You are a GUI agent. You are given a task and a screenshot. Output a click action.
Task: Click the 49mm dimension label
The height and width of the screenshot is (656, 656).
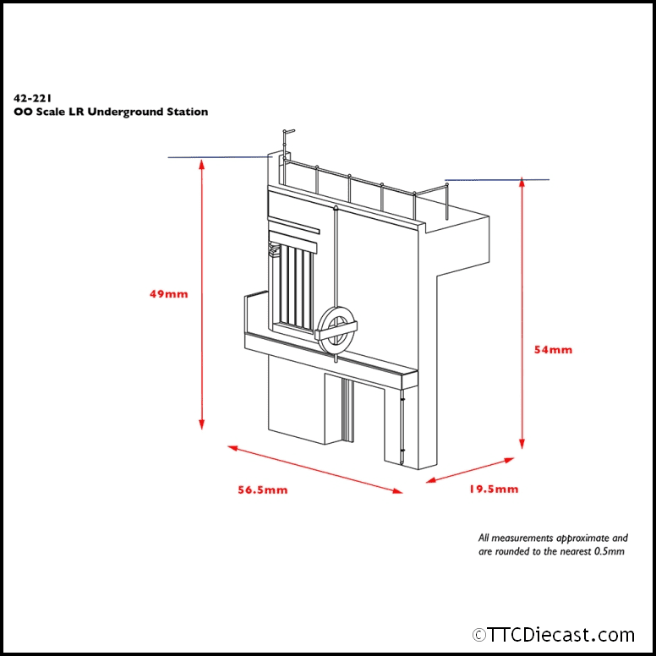click(x=168, y=294)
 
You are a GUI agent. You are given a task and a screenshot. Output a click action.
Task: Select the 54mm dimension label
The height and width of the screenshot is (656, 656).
click(x=555, y=349)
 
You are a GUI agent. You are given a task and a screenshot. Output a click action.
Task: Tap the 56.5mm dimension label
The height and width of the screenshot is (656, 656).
click(x=263, y=490)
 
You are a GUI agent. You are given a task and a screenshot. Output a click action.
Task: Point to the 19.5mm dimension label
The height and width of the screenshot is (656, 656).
click(x=494, y=489)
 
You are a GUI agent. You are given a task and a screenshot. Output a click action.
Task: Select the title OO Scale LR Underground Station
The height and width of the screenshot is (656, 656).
click(x=111, y=112)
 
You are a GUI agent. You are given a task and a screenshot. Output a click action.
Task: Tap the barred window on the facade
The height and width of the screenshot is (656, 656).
click(x=292, y=287)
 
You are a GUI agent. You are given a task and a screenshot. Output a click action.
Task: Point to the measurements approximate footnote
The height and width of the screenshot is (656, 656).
click(x=553, y=544)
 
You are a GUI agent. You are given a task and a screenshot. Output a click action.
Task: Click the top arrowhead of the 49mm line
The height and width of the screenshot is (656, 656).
click(x=201, y=165)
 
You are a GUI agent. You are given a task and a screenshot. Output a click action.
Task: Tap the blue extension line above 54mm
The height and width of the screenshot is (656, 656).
click(x=497, y=180)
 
